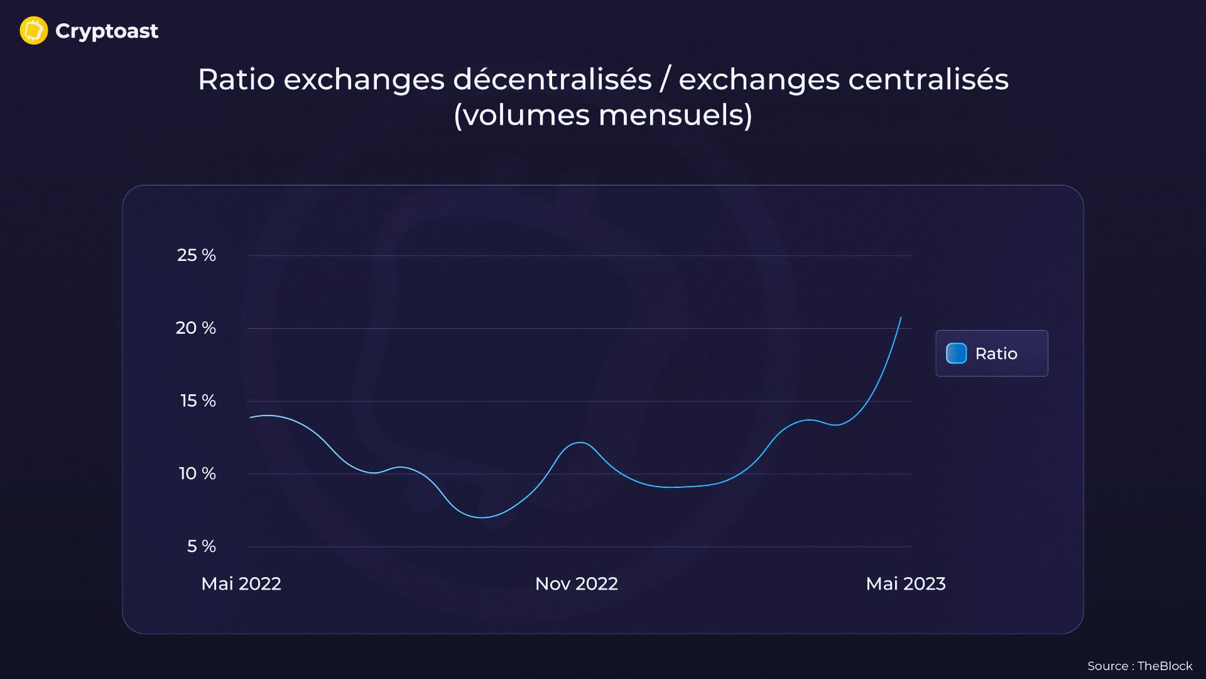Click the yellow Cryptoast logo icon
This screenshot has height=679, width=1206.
pos(34,31)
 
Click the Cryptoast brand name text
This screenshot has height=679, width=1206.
pos(107,31)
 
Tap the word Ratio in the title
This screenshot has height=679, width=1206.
pos(236,80)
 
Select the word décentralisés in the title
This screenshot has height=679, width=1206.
pos(552,80)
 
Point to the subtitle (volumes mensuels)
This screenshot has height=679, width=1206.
pos(603,116)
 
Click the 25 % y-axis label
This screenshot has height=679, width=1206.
pos(196,255)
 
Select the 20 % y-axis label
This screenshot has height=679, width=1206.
pos(195,328)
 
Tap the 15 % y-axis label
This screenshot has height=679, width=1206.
pos(198,401)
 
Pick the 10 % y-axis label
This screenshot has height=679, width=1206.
pos(197,473)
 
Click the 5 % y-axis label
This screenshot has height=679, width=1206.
pos(201,546)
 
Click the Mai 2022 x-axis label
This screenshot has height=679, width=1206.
pos(241,584)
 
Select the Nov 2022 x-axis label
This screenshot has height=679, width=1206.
pos(577,584)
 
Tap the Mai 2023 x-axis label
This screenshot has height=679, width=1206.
pos(906,584)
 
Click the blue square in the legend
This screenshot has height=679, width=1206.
pos(956,353)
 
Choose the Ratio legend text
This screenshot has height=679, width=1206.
pos(996,354)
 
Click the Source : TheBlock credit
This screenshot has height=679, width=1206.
pos(1139,666)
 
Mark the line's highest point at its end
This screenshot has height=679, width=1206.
pos(901,317)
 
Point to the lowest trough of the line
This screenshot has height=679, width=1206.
pos(482,517)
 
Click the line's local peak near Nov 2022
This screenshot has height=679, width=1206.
pos(580,443)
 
